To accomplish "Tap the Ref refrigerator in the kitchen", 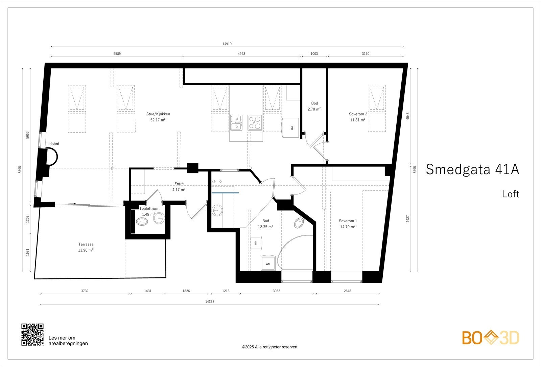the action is click(290, 128).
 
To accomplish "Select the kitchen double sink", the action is click(236, 123).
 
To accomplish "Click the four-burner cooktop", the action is click(255, 123).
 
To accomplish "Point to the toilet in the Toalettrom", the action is click(142, 221).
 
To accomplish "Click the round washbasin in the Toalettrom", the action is click(159, 218).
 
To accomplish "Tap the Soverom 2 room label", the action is click(358, 114).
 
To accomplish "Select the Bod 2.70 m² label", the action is click(314, 106).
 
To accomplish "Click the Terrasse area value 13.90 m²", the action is click(86, 250).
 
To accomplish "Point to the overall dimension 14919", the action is click(227, 44).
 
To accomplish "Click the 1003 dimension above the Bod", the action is click(314, 54).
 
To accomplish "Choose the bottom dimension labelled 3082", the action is click(277, 291).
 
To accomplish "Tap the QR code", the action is click(32, 335).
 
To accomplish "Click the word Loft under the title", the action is click(511, 194).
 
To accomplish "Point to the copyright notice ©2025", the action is click(269, 347).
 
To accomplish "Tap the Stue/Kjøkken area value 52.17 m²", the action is click(158, 120).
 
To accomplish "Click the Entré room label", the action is click(179, 184).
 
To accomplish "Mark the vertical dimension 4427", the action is click(408, 219).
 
